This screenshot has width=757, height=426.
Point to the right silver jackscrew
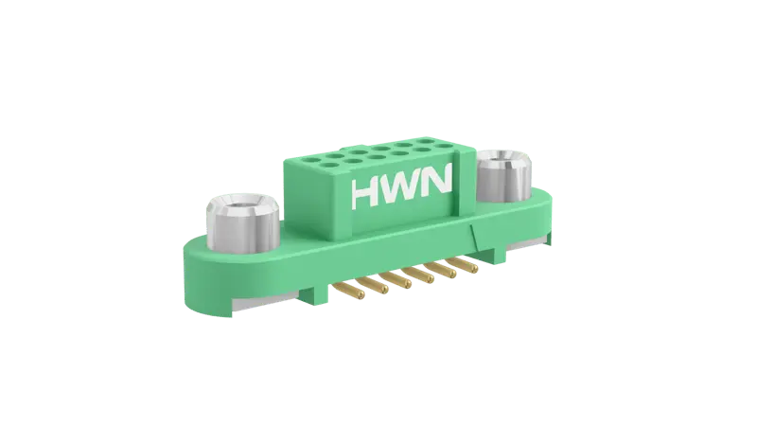[503, 176]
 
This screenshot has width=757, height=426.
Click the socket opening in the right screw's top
[502, 162]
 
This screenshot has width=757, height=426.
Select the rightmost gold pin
[464, 264]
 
